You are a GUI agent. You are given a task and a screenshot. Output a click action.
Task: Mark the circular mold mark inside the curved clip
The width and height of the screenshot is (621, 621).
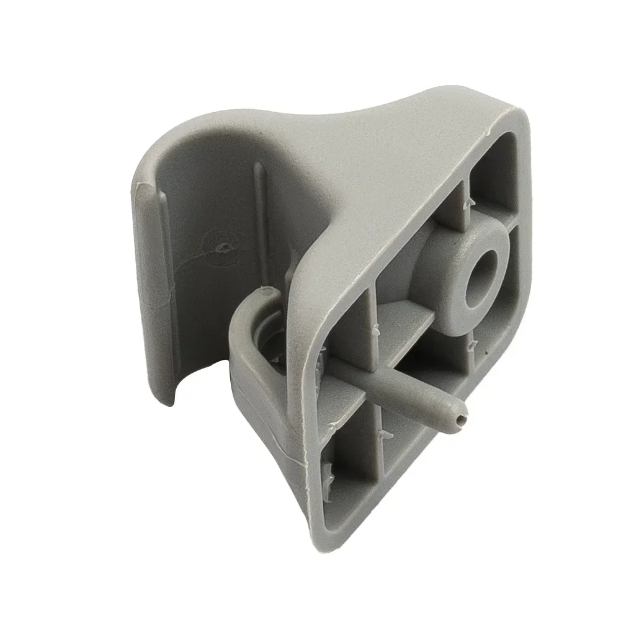pos(221,247)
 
